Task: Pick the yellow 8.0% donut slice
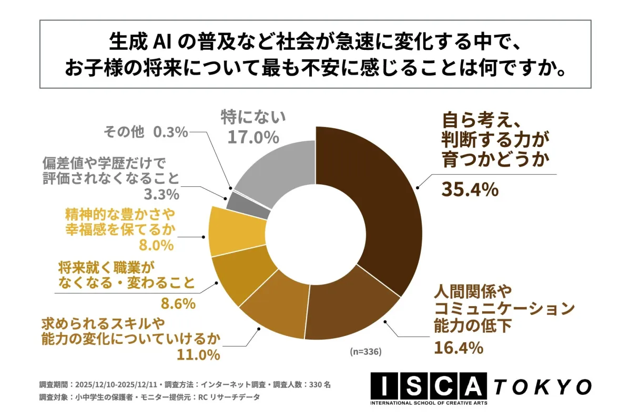pos(237,231)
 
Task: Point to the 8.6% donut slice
pos(242,276)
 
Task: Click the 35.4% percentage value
pos(470,190)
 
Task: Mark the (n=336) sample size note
pos(365,351)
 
